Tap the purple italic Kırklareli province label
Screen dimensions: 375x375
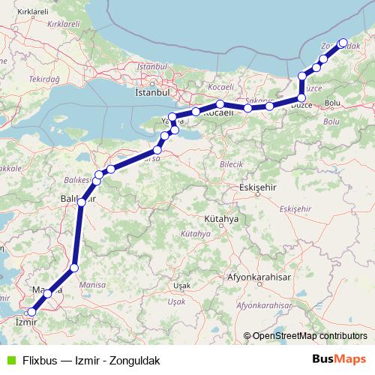[63, 24]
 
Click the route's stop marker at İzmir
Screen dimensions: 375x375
[31, 312]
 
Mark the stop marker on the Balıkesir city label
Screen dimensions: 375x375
[81, 202]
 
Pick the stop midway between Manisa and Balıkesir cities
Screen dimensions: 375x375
[73, 268]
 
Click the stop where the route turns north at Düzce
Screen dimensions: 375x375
[301, 98]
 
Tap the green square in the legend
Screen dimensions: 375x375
[8, 359]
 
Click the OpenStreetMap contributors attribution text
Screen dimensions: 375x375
[308, 336]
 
